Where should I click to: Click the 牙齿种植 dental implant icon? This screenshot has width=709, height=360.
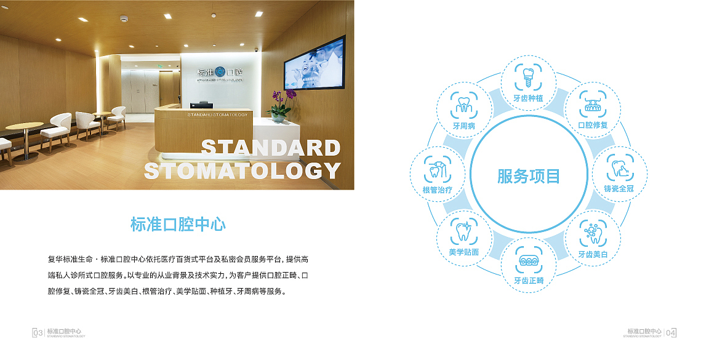pyautogui.click(x=528, y=78)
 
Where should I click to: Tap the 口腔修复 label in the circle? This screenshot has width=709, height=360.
pyautogui.click(x=593, y=125)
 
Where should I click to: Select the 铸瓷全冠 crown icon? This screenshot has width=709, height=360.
pyautogui.click(x=620, y=168)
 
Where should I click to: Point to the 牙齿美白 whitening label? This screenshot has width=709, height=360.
pyautogui.click(x=593, y=254)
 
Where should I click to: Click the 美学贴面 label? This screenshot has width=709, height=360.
pyautogui.click(x=463, y=252)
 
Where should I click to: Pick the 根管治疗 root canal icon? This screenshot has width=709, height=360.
pyautogui.click(x=437, y=169)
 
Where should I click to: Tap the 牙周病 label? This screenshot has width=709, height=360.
pyautogui.click(x=464, y=126)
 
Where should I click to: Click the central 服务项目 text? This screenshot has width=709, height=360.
pyautogui.click(x=529, y=176)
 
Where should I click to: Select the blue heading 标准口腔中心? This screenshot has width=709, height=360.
pyautogui.click(x=178, y=225)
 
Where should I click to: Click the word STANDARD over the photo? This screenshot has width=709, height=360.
pyautogui.click(x=270, y=148)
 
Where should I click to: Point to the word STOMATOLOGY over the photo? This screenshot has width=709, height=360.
pyautogui.click(x=242, y=170)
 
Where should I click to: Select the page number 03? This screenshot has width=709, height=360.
pyautogui.click(x=38, y=333)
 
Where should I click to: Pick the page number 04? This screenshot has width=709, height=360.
pyautogui.click(x=671, y=334)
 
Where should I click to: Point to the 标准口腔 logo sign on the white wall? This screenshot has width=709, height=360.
pyautogui.click(x=220, y=73)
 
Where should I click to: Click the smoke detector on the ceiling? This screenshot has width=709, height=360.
pyautogui.click(x=124, y=19)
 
